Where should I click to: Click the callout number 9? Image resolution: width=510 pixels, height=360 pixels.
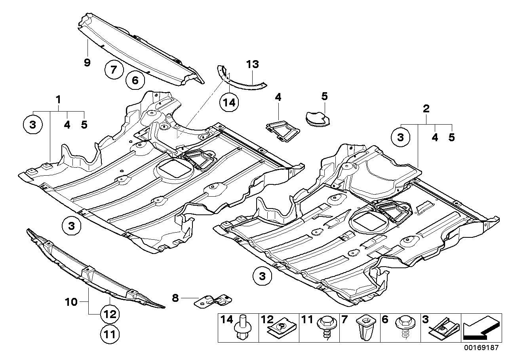point(87,62)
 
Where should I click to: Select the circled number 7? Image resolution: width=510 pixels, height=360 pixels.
point(114,70)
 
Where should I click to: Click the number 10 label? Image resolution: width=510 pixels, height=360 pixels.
point(72,302)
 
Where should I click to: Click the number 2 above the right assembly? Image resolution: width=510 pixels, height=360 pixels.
point(426,109)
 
